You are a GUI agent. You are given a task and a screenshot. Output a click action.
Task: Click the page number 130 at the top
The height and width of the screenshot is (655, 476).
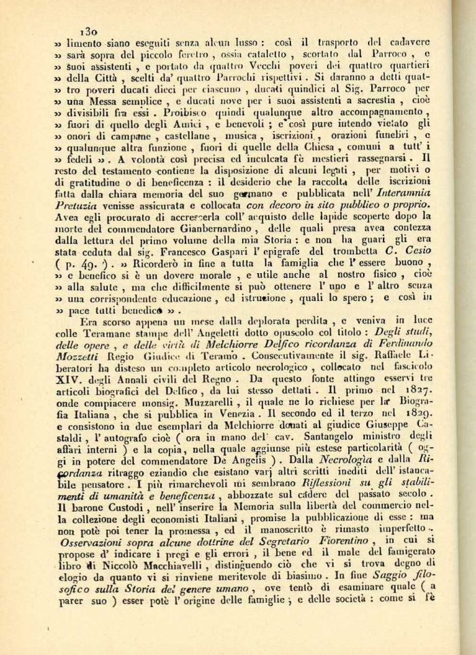click(x=89, y=31)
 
